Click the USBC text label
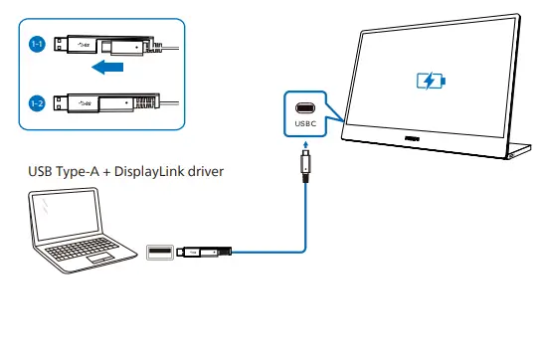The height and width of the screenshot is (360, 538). (x=305, y=124)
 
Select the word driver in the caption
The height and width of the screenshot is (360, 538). (x=204, y=172)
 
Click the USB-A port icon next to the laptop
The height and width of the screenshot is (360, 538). (x=159, y=252)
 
